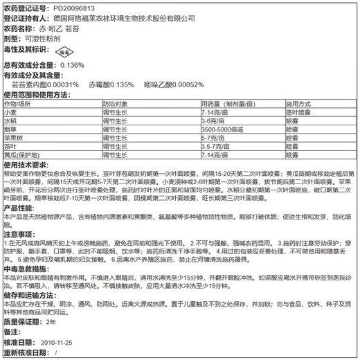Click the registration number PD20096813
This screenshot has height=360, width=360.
click(x=76, y=8)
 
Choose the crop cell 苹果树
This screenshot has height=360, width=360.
click(x=15, y=138)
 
